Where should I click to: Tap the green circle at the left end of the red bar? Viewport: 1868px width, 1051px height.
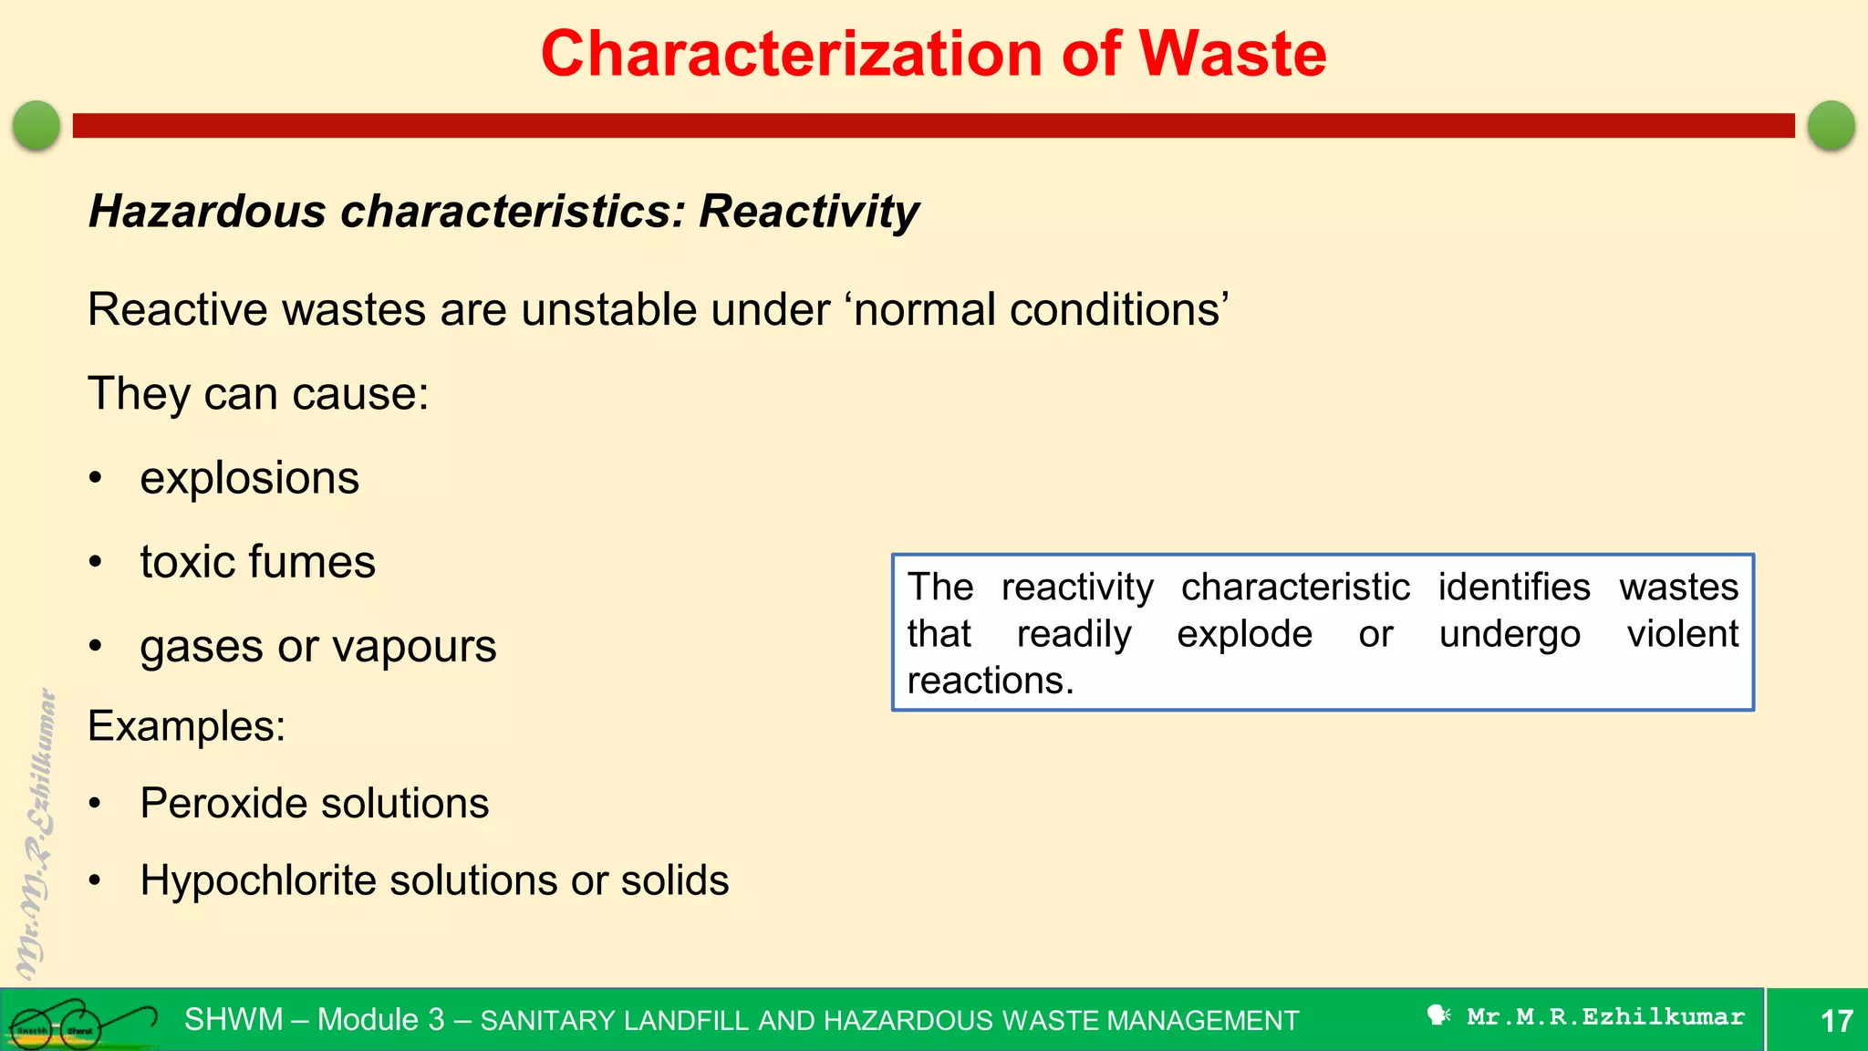tap(36, 125)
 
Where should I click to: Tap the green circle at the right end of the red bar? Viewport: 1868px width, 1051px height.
tap(1831, 125)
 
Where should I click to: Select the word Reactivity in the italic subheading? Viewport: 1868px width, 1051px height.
tap(808, 212)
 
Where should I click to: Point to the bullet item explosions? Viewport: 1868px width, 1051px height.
tap(249, 478)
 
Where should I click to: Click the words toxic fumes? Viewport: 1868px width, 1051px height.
tap(257, 562)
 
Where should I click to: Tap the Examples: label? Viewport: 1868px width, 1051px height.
tap(186, 726)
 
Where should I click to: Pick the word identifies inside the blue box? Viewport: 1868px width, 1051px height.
tap(1513, 587)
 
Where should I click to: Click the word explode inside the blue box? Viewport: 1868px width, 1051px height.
tap(1244, 634)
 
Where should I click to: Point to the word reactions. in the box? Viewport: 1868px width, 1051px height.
tap(990, 681)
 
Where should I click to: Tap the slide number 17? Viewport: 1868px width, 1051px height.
tap(1835, 1020)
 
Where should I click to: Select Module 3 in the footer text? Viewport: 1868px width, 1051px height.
tap(380, 1019)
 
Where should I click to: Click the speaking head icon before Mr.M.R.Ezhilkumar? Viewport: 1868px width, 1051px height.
tap(1438, 1015)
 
